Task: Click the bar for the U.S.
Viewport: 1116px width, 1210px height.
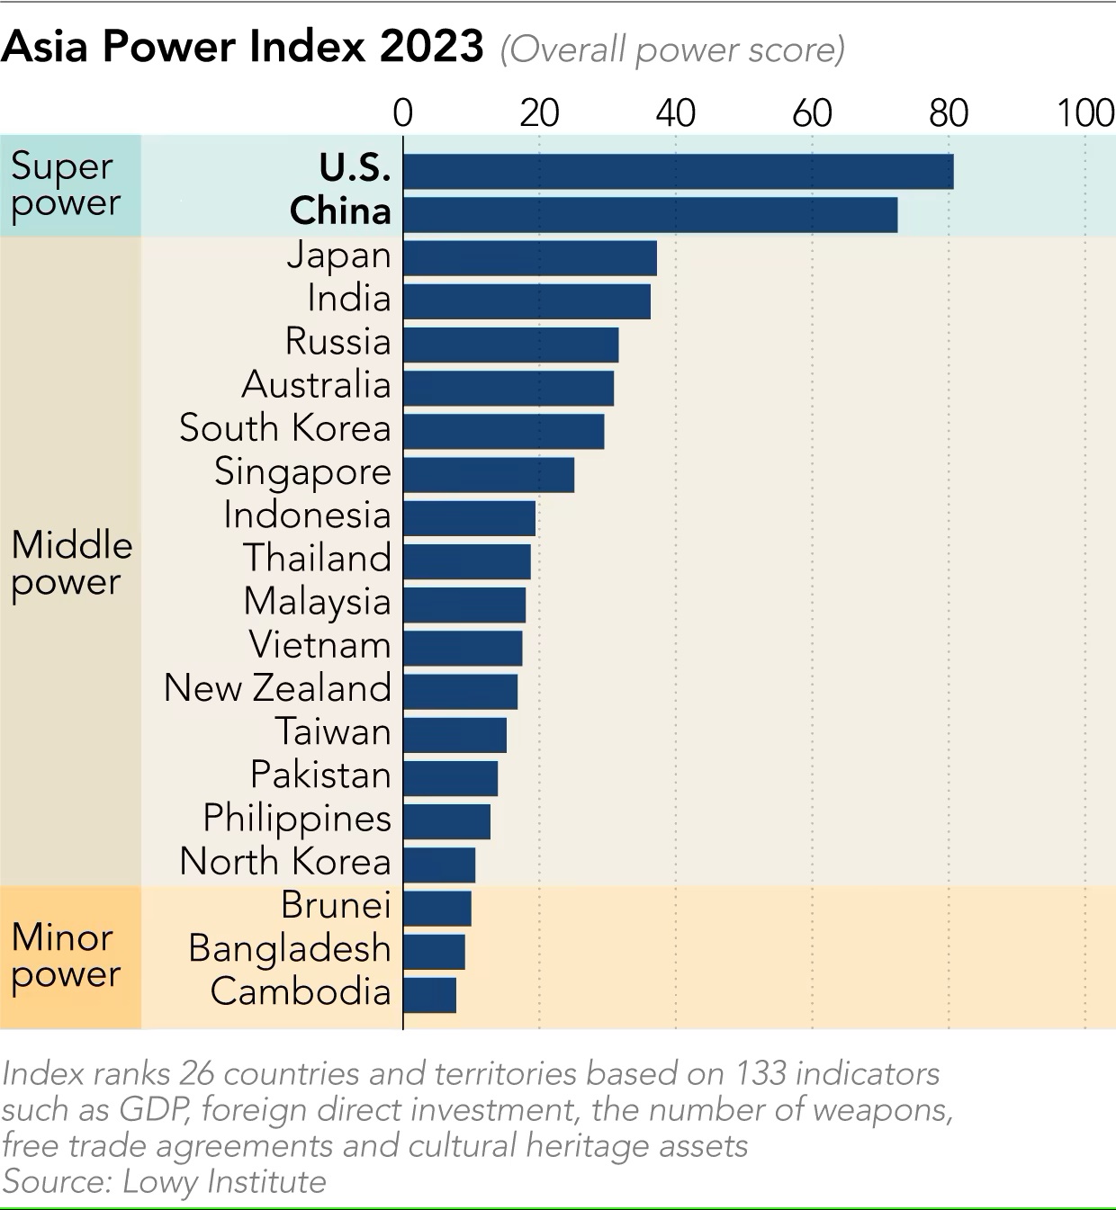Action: click(x=678, y=171)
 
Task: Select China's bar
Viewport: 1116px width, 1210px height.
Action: click(x=650, y=214)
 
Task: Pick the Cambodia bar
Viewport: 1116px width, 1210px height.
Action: click(x=429, y=994)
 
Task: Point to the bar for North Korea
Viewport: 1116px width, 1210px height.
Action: click(x=438, y=865)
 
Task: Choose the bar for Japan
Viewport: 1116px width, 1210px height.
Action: click(x=529, y=258)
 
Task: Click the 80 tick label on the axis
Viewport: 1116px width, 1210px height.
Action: click(x=949, y=113)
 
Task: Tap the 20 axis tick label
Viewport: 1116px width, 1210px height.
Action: click(x=539, y=113)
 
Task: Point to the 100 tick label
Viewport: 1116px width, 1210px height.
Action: click(x=1084, y=113)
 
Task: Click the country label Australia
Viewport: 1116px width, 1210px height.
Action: click(x=317, y=385)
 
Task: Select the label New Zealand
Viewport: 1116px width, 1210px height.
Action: click(x=277, y=688)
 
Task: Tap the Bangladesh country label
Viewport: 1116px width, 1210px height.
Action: click(x=290, y=949)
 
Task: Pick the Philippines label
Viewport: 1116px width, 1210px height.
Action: click(x=297, y=819)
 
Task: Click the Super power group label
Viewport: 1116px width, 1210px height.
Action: click(x=65, y=185)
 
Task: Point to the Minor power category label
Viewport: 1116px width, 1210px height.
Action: click(x=65, y=956)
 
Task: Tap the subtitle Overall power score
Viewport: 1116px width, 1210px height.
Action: click(x=672, y=49)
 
